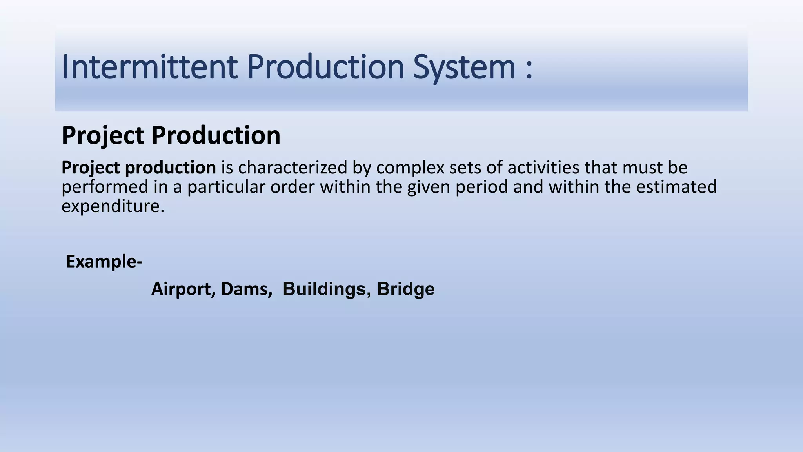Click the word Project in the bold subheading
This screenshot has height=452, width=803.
pos(103,136)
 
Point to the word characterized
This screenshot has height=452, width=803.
pos(292,168)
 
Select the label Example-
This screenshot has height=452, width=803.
pos(104,261)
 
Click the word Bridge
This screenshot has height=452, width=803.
pos(405,290)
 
